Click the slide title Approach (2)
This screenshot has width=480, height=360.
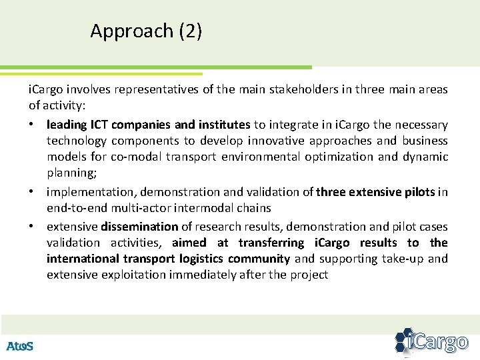[146, 31]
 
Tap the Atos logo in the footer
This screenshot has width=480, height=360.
[19, 345]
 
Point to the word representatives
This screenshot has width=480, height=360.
[149, 89]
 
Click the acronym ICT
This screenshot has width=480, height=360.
[93, 125]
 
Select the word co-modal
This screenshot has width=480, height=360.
[138, 157]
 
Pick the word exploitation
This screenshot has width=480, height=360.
[127, 275]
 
